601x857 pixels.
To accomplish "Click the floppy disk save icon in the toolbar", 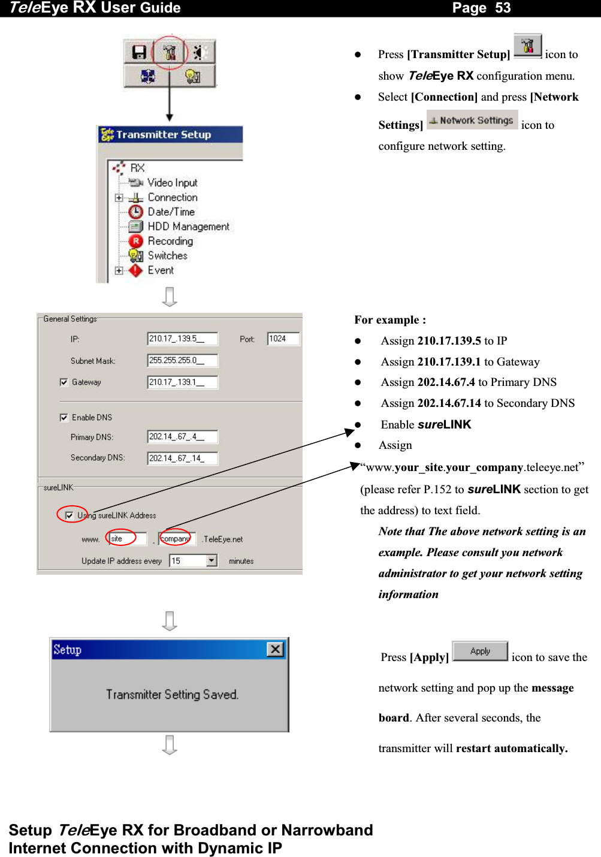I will point(138,52).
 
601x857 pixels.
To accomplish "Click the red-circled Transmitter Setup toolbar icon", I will point(170,52).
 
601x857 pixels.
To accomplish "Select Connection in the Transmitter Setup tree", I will point(172,197).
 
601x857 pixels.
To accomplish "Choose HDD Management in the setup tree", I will point(188,227).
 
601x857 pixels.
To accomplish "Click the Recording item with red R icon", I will point(170,241).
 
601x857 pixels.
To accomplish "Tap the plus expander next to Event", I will point(119,270).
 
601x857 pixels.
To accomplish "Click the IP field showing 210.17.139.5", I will point(182,339).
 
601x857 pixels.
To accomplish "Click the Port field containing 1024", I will point(283,339).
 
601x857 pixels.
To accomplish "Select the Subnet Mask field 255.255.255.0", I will point(182,360).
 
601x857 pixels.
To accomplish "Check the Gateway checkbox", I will point(64,382).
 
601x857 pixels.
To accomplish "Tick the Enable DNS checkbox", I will point(64,418).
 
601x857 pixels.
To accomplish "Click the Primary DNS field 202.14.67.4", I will point(182,437).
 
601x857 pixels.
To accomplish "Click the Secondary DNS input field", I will point(182,458).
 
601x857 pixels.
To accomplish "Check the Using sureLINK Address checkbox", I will point(70,515).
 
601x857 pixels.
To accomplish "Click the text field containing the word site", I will point(127,539).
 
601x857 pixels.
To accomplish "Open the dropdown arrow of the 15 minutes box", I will point(212,561).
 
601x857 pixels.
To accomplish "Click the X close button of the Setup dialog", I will point(275,650).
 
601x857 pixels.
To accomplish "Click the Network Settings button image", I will point(472,120).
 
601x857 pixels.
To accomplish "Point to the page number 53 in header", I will point(503,8).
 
